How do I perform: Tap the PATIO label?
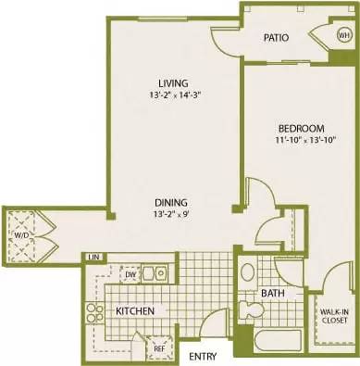(275, 38)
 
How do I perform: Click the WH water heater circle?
(343, 36)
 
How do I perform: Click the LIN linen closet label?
(93, 257)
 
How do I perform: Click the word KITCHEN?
(134, 310)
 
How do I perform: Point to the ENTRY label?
(204, 356)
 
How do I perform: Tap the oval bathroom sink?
(248, 273)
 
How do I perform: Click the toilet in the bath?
(248, 309)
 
